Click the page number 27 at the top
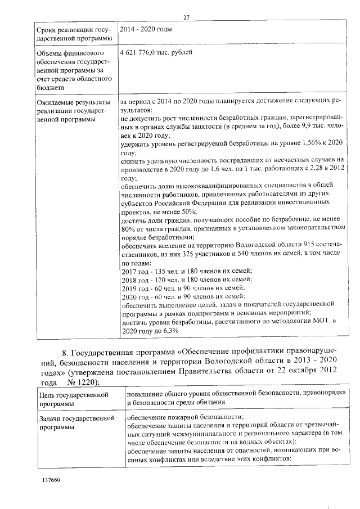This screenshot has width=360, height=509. [186, 17]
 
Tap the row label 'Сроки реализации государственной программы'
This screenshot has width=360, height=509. [71, 33]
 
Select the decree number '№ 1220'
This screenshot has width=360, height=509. [82, 382]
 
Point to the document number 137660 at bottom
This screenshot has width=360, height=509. [51, 481]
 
